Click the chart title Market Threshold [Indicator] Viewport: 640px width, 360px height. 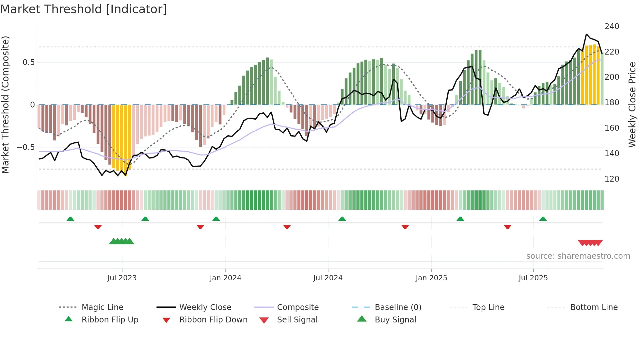(x=84, y=9)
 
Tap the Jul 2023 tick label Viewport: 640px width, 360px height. (x=122, y=278)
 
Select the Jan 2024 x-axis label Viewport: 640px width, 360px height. (x=225, y=278)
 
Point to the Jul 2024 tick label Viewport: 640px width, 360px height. (x=328, y=278)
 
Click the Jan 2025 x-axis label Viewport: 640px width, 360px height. (x=431, y=278)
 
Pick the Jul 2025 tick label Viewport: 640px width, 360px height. (x=533, y=278)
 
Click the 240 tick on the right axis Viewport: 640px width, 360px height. (x=612, y=26)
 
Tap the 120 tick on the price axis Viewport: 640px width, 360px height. (x=612, y=179)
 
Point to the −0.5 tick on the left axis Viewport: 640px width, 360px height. (x=26, y=147)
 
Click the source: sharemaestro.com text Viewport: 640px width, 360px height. (x=578, y=256)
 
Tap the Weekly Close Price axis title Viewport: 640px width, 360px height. (x=632, y=105)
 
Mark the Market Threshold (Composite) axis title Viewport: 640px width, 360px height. (x=5, y=105)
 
